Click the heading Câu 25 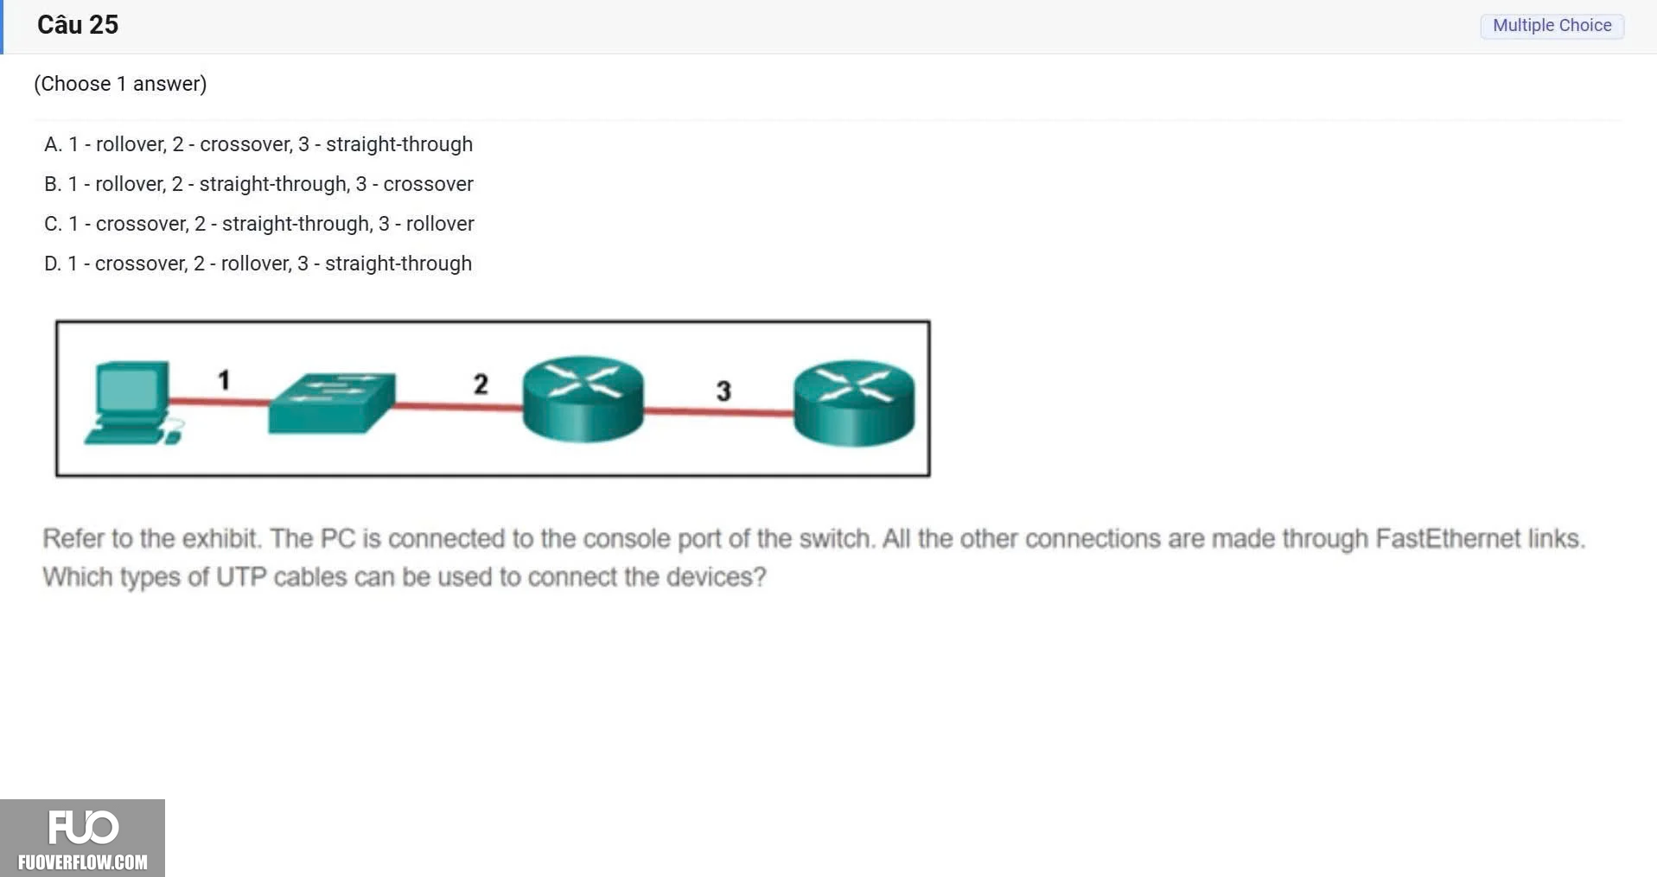click(78, 25)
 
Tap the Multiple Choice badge click(1552, 26)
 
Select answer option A click(258, 144)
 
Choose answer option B click(258, 184)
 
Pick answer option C click(259, 224)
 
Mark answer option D click(258, 264)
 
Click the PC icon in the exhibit click(132, 404)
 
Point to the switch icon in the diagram click(332, 403)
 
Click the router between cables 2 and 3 click(583, 398)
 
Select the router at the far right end click(854, 403)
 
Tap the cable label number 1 click(224, 380)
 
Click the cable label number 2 click(481, 384)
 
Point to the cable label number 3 click(723, 391)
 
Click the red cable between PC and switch click(219, 401)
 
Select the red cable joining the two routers click(719, 412)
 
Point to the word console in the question click(624, 538)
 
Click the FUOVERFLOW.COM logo click(82, 838)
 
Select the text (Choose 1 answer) click(120, 84)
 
